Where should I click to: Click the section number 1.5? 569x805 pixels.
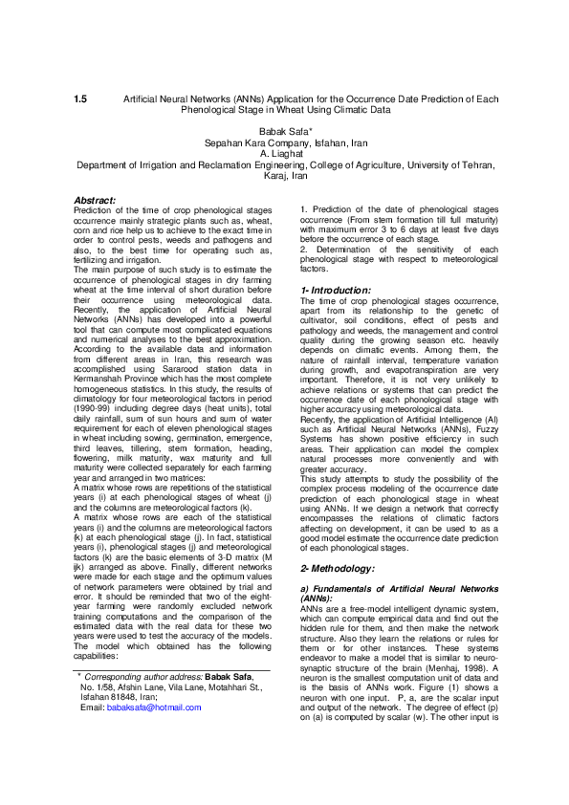(x=80, y=99)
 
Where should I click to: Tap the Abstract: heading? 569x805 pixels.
(x=95, y=200)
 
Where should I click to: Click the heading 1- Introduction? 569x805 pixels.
(x=336, y=290)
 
